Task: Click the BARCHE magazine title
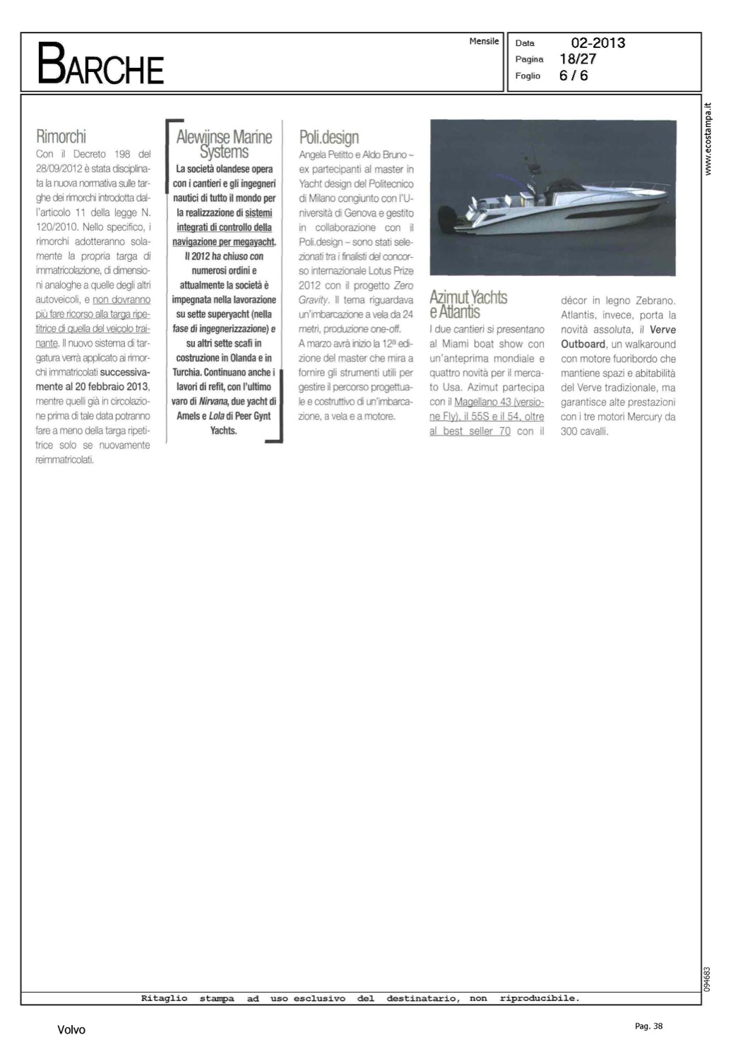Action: tap(100, 64)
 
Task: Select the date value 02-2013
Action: tap(598, 43)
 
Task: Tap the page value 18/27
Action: tap(577, 59)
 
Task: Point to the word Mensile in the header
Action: tap(484, 42)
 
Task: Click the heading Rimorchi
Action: tap(61, 136)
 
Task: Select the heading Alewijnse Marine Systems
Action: tap(224, 144)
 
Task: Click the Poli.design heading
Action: tap(328, 137)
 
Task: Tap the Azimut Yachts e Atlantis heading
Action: tap(468, 304)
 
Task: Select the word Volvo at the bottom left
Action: tap(71, 1030)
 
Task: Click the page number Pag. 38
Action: tap(648, 1027)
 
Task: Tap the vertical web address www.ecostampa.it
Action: tap(709, 139)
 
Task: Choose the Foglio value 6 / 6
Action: tap(573, 76)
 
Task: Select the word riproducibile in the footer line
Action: tap(539, 998)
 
